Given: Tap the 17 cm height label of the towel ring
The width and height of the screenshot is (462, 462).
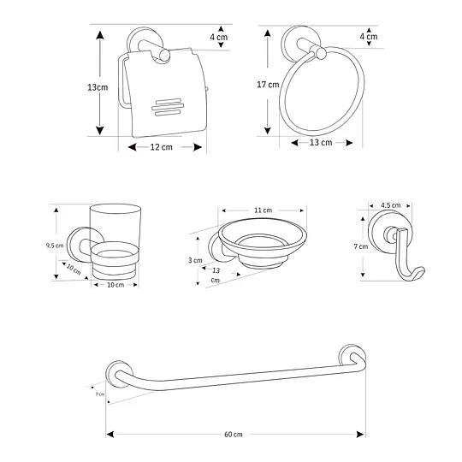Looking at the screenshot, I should (x=268, y=85).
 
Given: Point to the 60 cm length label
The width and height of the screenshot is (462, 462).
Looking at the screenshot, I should (x=234, y=435).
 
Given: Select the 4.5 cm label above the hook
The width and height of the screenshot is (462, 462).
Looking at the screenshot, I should (x=390, y=205).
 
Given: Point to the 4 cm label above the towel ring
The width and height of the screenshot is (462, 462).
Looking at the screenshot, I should (x=369, y=37).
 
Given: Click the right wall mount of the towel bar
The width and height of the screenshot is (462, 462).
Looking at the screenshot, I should (x=349, y=356).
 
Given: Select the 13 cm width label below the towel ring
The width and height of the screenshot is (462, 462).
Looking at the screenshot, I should (x=320, y=142).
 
